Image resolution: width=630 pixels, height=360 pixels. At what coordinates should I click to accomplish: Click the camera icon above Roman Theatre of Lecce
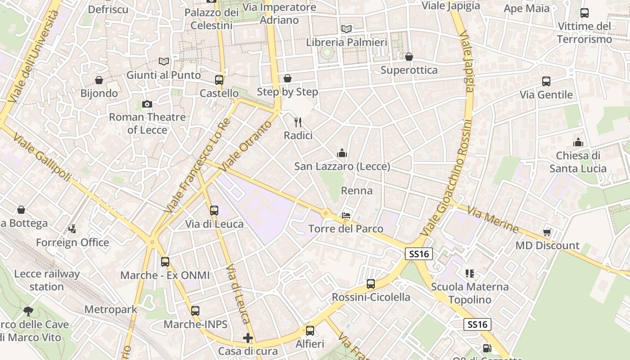click(147, 104)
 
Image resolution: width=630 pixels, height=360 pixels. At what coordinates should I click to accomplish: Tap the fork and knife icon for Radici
click(297, 122)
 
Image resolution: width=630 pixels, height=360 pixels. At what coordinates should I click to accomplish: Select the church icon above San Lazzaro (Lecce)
click(342, 153)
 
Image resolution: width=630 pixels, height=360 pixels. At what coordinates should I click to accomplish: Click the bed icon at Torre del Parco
click(346, 215)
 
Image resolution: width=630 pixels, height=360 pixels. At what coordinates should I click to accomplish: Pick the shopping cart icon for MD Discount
click(547, 232)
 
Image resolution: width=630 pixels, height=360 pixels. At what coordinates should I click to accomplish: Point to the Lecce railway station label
click(47, 280)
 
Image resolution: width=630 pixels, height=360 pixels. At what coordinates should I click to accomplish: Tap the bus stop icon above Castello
click(219, 80)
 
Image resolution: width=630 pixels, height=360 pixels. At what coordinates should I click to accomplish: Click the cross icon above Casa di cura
click(247, 337)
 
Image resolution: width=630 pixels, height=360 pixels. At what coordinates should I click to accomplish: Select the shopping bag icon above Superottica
click(409, 57)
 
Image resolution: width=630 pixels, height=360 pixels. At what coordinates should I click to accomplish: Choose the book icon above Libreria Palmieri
click(346, 29)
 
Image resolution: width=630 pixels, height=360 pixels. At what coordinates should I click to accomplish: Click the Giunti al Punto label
click(163, 75)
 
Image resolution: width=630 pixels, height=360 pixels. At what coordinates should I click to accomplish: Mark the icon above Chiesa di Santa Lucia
click(578, 142)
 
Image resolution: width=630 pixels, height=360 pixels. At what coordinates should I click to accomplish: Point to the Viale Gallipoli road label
click(42, 157)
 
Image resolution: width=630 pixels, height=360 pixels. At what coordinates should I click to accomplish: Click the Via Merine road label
click(493, 219)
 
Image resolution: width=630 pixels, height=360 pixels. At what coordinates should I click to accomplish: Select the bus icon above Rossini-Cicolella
click(371, 284)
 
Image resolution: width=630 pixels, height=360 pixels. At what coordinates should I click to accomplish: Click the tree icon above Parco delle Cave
click(28, 311)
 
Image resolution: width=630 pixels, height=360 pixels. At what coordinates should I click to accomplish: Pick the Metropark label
click(111, 310)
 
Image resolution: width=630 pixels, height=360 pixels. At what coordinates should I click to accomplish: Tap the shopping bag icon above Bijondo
click(99, 80)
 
